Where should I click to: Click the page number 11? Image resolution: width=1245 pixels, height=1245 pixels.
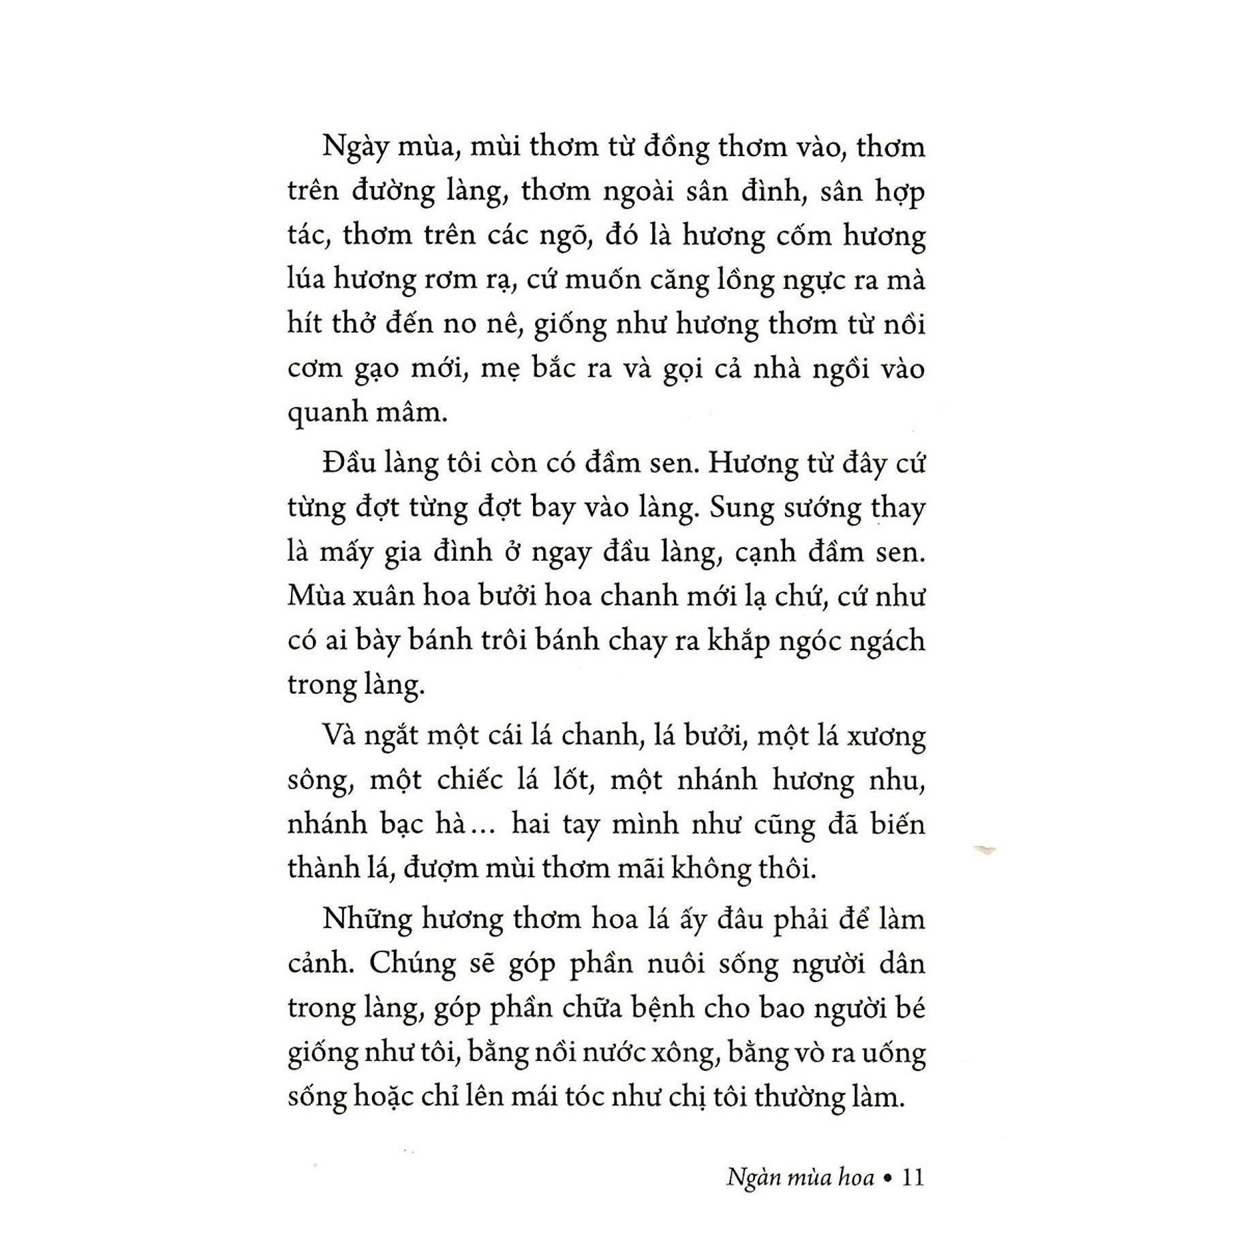(x=912, y=1177)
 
